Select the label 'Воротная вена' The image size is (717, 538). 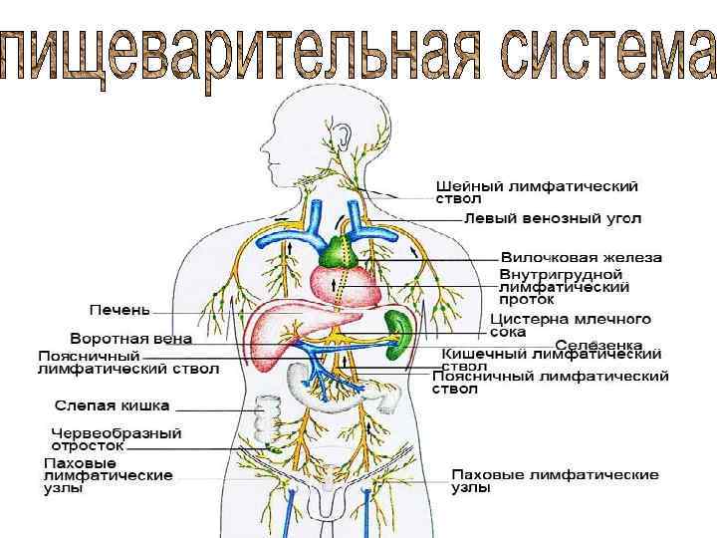(130, 339)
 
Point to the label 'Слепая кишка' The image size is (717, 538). (112, 405)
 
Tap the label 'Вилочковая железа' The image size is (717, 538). (581, 257)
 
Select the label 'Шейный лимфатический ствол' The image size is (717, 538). (537, 191)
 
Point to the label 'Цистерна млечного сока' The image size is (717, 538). (571, 325)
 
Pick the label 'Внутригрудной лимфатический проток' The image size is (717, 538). (564, 286)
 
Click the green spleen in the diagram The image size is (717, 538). (401, 334)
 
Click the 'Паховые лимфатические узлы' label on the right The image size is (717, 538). (555, 481)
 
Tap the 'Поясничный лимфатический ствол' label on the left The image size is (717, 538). (90, 362)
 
